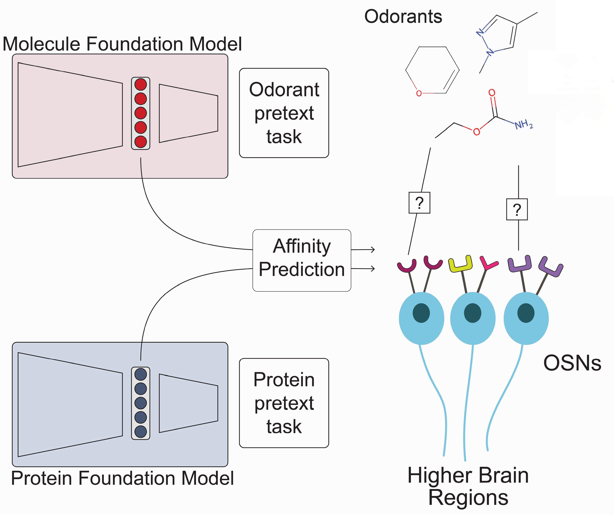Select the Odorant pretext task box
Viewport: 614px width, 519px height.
[284, 113]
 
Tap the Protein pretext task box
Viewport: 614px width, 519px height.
[284, 403]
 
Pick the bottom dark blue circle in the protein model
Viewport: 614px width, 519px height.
[140, 432]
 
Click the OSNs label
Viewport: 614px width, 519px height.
[572, 363]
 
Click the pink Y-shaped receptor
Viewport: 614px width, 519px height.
[488, 263]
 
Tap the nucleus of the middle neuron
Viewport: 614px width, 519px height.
[473, 313]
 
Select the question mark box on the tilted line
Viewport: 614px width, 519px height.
[419, 203]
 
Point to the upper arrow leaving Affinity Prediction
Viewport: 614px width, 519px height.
[363, 249]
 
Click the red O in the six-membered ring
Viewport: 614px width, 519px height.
[419, 94]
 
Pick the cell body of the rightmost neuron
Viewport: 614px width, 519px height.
[526, 318]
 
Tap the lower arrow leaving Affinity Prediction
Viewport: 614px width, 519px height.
[363, 268]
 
